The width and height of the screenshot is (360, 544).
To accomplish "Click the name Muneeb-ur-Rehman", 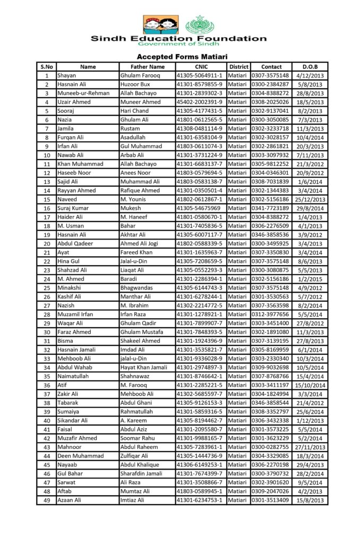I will pyautogui.click(x=83, y=93).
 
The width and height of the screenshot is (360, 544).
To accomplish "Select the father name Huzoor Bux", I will pyautogui.click(x=135, y=84).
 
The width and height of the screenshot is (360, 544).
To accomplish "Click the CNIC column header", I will pyautogui.click(x=201, y=67).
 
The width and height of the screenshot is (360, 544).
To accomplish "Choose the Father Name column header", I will pyautogui.click(x=147, y=67).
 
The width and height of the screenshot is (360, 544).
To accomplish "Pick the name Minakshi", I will pyautogui.click(x=71, y=288).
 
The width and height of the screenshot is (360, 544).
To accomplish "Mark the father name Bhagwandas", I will pyautogui.click(x=136, y=288).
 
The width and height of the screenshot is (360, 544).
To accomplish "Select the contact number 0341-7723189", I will pyautogui.click(x=270, y=208).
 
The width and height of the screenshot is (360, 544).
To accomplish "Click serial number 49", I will pyautogui.click(x=47, y=500).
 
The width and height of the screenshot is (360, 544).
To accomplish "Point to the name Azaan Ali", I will pyautogui.click(x=69, y=500).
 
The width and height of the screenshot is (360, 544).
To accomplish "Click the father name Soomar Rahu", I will pyautogui.click(x=138, y=438).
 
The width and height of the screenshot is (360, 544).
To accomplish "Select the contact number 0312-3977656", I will pyautogui.click(x=270, y=314).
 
